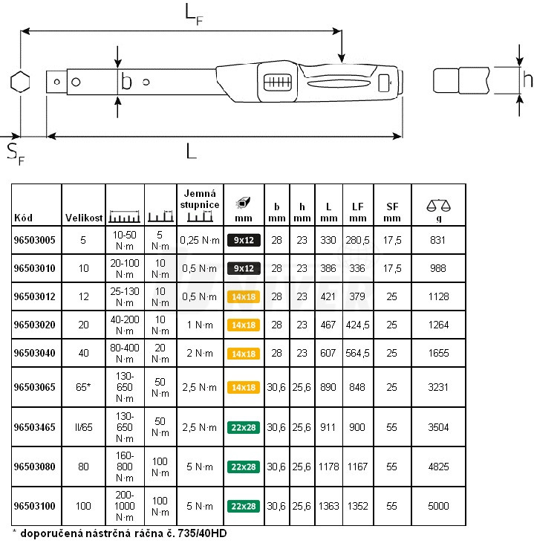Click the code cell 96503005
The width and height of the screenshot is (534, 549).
click(x=36, y=241)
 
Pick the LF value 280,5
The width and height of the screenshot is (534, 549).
click(x=358, y=241)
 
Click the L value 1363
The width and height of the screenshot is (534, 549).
click(x=328, y=506)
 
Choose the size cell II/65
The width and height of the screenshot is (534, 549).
click(x=83, y=426)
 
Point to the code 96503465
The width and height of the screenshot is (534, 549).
click(x=36, y=426)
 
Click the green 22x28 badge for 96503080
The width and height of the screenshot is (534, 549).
click(x=244, y=467)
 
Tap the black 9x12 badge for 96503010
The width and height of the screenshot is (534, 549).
click(x=244, y=268)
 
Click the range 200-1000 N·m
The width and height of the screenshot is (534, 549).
click(x=125, y=506)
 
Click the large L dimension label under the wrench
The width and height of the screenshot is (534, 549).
click(x=192, y=152)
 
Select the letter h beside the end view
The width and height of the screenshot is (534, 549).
click(x=527, y=79)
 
